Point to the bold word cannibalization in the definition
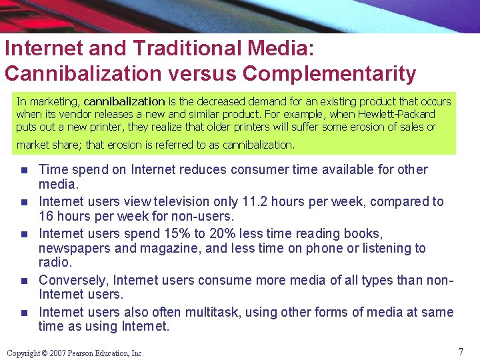coord(124,101)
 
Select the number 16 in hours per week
coord(47,216)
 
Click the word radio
coord(53,262)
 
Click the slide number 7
coord(460,351)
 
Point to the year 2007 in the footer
coord(58,353)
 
